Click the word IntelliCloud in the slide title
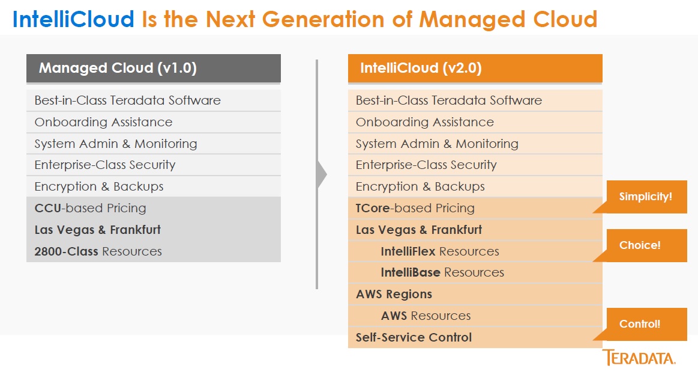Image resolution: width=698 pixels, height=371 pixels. coord(73,19)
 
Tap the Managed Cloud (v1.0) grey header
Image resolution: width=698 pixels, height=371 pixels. coord(154,68)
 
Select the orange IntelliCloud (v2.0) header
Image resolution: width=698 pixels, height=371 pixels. coord(475,68)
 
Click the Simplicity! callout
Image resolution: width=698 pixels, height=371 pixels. coord(645,197)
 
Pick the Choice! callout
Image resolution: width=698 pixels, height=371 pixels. coord(645,245)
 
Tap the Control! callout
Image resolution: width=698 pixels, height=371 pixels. coord(645,324)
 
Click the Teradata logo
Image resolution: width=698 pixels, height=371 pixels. coord(639,358)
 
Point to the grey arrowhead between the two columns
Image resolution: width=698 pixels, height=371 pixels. coord(322,175)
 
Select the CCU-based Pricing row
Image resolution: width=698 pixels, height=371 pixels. coord(154,208)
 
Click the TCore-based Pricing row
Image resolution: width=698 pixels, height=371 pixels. coord(475,208)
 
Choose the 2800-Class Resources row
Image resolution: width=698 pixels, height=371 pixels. coord(154,251)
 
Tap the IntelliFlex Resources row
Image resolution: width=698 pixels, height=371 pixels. coord(475,251)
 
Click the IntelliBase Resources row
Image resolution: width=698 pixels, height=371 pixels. coord(475,272)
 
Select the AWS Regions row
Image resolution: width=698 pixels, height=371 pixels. coord(475,294)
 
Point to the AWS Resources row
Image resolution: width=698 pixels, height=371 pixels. coord(475,316)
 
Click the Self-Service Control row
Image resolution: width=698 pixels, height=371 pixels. coord(475,337)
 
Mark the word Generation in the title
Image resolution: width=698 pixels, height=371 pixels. coord(323,19)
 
